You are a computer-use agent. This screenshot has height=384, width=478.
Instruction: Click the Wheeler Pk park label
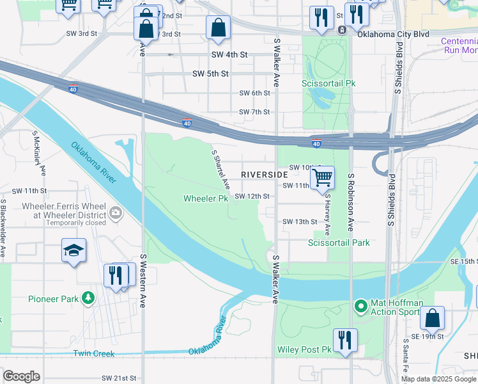(206, 198)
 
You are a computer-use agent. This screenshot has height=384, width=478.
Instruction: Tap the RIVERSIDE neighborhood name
(265, 175)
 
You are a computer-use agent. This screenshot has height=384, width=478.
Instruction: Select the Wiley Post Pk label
(304, 350)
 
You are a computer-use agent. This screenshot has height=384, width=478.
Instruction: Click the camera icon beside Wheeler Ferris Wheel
(116, 212)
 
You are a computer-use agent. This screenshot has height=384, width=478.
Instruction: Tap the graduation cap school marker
(73, 250)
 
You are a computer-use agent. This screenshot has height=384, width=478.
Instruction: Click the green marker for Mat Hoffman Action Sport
(360, 307)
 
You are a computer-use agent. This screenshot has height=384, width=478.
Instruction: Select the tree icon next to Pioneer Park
(88, 298)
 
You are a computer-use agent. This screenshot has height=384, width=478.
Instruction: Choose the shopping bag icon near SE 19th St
(433, 317)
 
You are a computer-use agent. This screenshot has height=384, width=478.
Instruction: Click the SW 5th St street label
(210, 74)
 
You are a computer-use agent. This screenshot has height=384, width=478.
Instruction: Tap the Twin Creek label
(94, 354)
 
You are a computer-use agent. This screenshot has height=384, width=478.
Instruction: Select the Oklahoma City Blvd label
(393, 34)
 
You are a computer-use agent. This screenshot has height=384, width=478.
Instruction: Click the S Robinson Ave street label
(351, 202)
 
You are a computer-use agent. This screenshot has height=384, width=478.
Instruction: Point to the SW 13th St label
(300, 222)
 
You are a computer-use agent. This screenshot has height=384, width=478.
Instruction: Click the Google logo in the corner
(21, 376)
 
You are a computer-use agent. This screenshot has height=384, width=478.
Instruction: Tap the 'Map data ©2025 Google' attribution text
(438, 379)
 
